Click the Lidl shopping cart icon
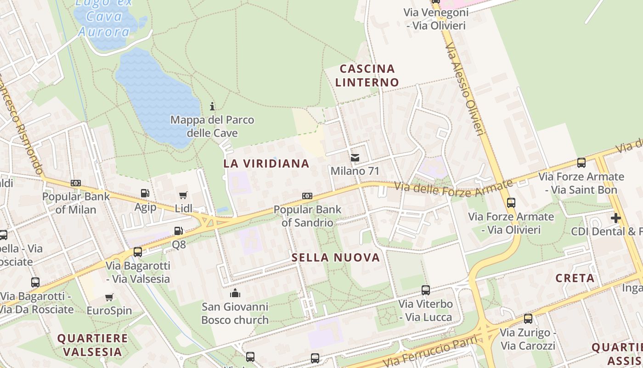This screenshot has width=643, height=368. tap(183, 195)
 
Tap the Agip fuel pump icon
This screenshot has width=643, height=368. tap(145, 194)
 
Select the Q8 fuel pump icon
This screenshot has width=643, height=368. tap(179, 231)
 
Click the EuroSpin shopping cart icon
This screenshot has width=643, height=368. tap(109, 297)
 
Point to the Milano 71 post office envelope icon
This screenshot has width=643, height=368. tap(355, 158)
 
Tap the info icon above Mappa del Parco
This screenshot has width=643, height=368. tap(212, 106)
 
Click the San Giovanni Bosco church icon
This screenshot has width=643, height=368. tap(235, 293)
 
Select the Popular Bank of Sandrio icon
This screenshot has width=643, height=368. tap(307, 196)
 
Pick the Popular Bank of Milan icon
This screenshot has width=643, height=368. tap(76, 183)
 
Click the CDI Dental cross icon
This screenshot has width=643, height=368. tap(616, 218)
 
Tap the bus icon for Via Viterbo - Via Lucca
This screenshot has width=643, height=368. tap(426, 290)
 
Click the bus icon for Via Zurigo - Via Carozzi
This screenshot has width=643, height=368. tap(528, 318)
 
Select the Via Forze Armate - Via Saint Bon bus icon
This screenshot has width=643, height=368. tap(581, 162)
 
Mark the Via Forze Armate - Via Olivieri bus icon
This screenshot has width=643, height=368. tap(511, 202)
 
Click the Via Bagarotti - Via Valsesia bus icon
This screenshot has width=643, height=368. tap(138, 252)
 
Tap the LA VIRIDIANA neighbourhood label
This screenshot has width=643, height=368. tap(266, 163)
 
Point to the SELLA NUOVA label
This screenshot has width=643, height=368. tap(336, 258)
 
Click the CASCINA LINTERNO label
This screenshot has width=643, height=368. tap(367, 75)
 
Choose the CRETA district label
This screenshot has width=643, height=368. tap(575, 278)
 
